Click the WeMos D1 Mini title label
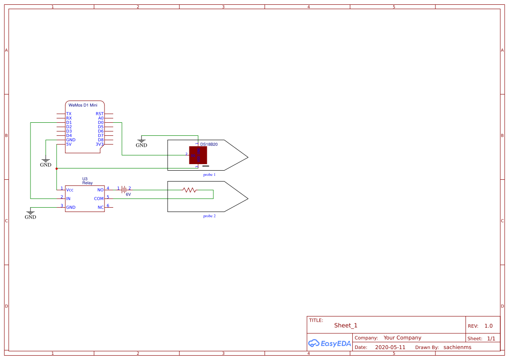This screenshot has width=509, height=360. tap(83, 105)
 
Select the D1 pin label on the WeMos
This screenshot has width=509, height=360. tap(69, 122)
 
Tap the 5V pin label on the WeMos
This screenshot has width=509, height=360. tap(69, 144)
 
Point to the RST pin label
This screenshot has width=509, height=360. tap(100, 114)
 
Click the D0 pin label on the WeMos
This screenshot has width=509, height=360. tap(101, 122)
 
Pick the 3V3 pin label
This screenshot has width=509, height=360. tap(100, 144)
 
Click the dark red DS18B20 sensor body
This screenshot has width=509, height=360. tap(198, 155)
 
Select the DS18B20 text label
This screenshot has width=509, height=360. tap(209, 144)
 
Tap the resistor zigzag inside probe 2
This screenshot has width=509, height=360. tap(189, 190)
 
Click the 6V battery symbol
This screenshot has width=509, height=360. tap(124, 190)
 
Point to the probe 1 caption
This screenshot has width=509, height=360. tap(209, 174)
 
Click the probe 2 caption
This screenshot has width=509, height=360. tap(209, 216)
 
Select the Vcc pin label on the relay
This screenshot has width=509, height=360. tap(70, 190)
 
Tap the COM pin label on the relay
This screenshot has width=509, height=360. tap(99, 199)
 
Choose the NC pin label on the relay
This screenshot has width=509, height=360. tap(101, 207)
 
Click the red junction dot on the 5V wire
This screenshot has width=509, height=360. tap(57, 168)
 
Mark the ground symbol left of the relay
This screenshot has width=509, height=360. tap(30, 213)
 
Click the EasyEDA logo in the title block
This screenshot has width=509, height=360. tap(329, 343)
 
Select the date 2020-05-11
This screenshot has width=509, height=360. tap(390, 347)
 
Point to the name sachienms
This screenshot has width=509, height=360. tap(457, 347)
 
